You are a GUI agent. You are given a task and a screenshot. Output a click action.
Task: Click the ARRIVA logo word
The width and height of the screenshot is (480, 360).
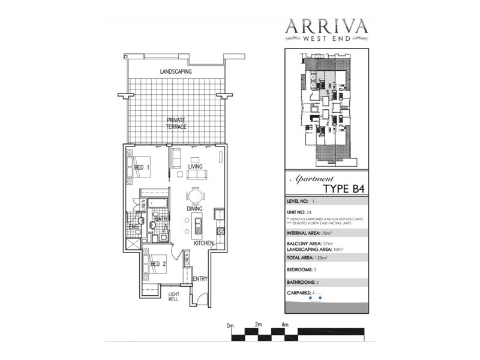326,27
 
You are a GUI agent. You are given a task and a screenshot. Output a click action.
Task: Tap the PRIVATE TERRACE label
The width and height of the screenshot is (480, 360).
176,124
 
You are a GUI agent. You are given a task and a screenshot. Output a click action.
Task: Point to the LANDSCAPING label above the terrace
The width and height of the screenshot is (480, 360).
175,71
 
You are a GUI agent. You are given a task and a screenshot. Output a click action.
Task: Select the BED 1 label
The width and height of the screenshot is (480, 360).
142,167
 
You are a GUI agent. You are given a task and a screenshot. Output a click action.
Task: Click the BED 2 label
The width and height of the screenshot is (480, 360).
158,263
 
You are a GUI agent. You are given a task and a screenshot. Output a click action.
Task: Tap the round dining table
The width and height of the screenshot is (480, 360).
195,196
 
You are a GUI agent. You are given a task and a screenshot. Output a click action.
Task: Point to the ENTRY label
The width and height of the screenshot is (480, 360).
199,278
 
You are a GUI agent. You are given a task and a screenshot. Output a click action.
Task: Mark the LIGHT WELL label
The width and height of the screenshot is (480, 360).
173,296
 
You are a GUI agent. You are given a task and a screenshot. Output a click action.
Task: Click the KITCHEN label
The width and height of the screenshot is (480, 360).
203,244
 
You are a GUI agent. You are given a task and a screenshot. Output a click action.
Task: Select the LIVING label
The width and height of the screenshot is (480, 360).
195,166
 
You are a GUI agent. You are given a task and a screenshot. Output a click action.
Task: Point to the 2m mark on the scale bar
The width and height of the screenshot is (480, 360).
259,325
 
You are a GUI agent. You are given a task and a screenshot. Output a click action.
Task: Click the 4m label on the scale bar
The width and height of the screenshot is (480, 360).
286,325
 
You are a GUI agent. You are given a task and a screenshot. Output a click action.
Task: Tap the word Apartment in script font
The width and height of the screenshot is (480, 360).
311,179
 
